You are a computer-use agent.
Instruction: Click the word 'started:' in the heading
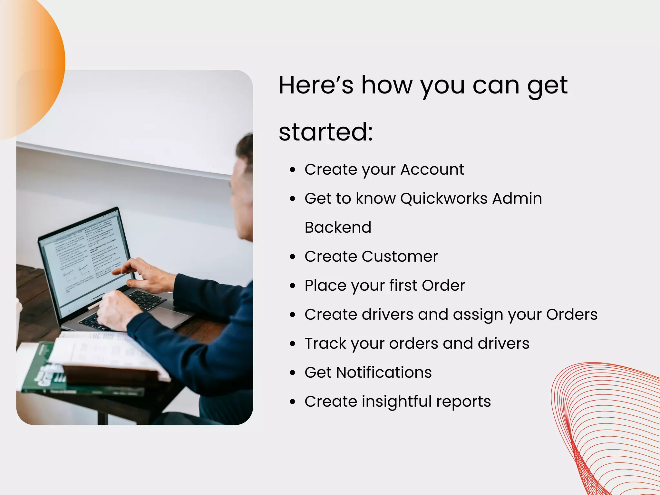(325, 132)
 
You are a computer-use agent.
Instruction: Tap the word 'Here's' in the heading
(316, 85)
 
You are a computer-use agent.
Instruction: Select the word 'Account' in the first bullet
(432, 170)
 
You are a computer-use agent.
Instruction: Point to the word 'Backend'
(338, 228)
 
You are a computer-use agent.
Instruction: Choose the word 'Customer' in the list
(400, 257)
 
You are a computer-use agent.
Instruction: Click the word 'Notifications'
(384, 373)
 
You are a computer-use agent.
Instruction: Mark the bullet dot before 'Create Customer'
(292, 257)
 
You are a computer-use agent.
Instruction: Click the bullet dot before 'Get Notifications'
(292, 373)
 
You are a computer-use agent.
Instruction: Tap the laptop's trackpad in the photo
(169, 317)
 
